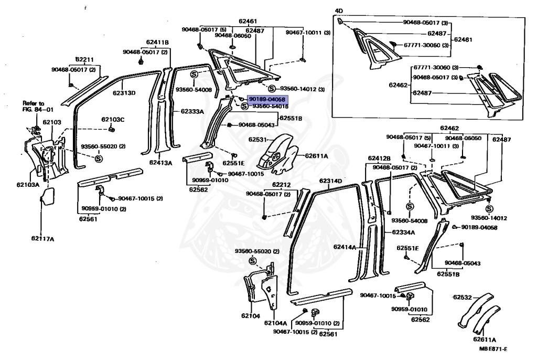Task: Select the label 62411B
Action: coord(157,43)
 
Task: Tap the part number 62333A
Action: coord(192,111)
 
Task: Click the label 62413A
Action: coord(160,163)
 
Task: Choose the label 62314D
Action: coord(331,181)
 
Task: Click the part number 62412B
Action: coord(379,158)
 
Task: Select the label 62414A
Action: coord(346,246)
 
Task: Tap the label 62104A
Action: coord(276,323)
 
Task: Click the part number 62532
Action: coord(463,297)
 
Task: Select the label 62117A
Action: coord(42,239)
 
